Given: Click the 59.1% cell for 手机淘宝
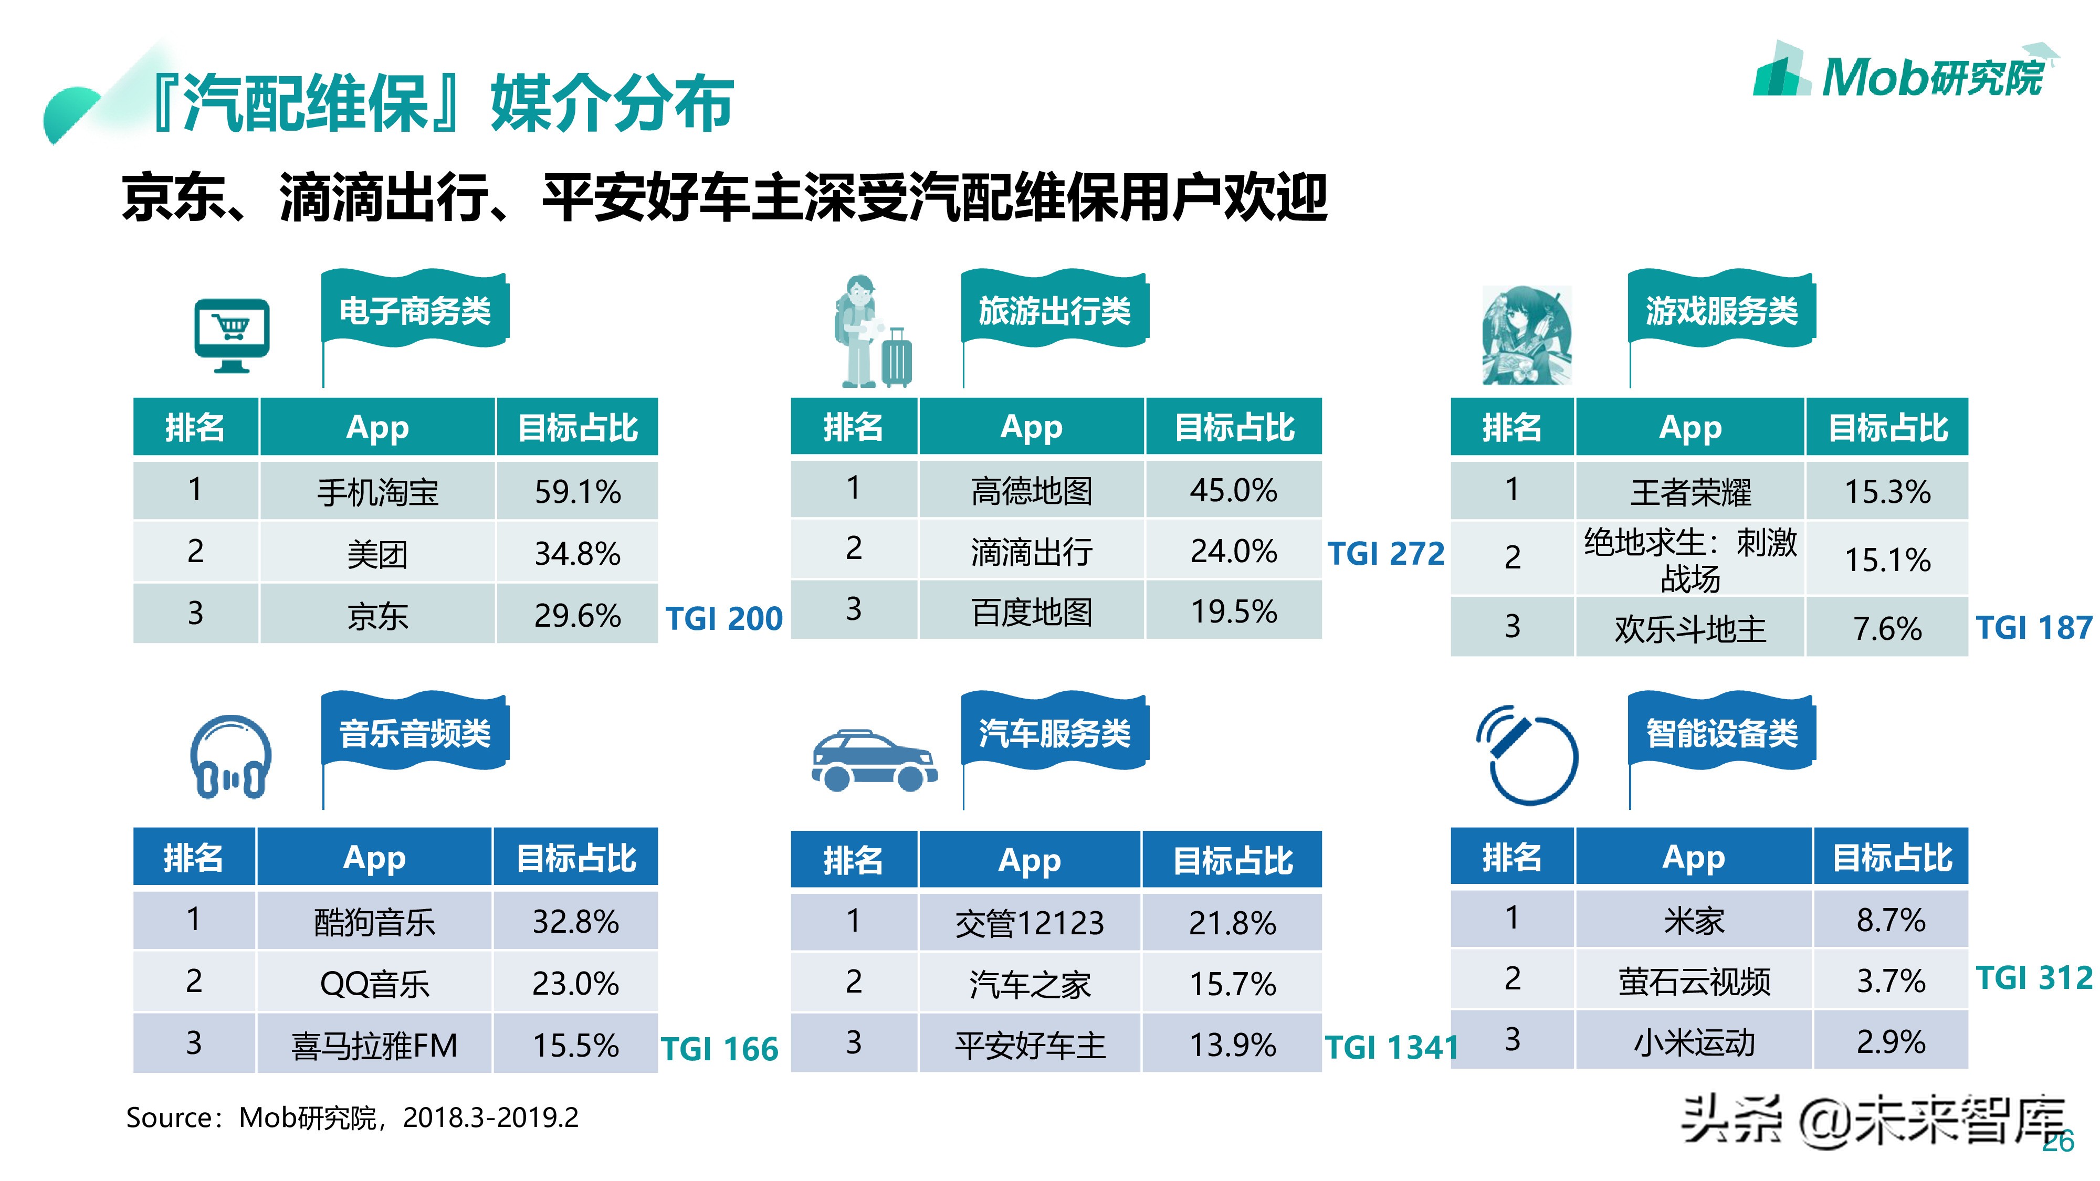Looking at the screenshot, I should coord(576,491).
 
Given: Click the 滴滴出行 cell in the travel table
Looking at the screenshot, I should coord(1031,552).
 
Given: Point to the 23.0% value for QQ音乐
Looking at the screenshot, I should coord(575,984).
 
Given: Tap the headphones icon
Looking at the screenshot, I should coord(230,758).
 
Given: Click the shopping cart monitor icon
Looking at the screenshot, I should coord(232,335).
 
